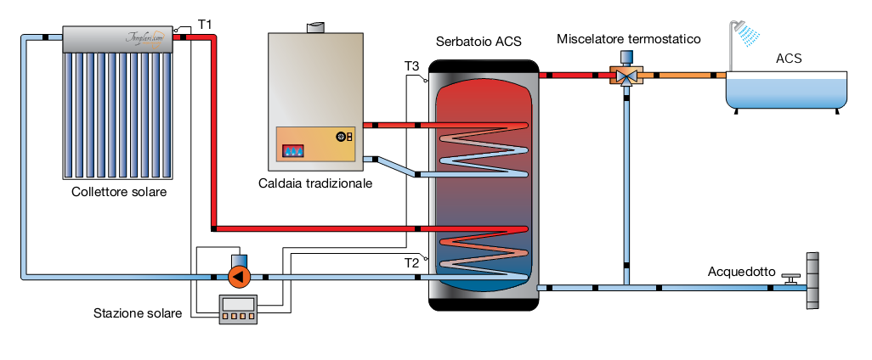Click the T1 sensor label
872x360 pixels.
[205, 25]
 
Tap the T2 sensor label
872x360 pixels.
[411, 262]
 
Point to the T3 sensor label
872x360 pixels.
[411, 65]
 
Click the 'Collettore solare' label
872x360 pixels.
[119, 192]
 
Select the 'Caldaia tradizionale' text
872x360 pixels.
[315, 183]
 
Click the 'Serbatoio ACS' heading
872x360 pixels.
[478, 41]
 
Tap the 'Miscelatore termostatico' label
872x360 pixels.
[628, 39]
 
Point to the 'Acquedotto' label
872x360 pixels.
[741, 272]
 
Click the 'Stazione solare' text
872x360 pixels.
[138, 313]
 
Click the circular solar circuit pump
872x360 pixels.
[239, 276]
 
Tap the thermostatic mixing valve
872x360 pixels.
[627, 75]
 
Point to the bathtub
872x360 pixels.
[786, 91]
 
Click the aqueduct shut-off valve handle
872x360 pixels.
[792, 277]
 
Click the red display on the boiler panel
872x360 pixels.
[293, 150]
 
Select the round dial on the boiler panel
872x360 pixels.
[342, 136]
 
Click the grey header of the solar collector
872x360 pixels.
[118, 40]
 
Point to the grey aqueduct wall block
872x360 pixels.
[813, 280]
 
